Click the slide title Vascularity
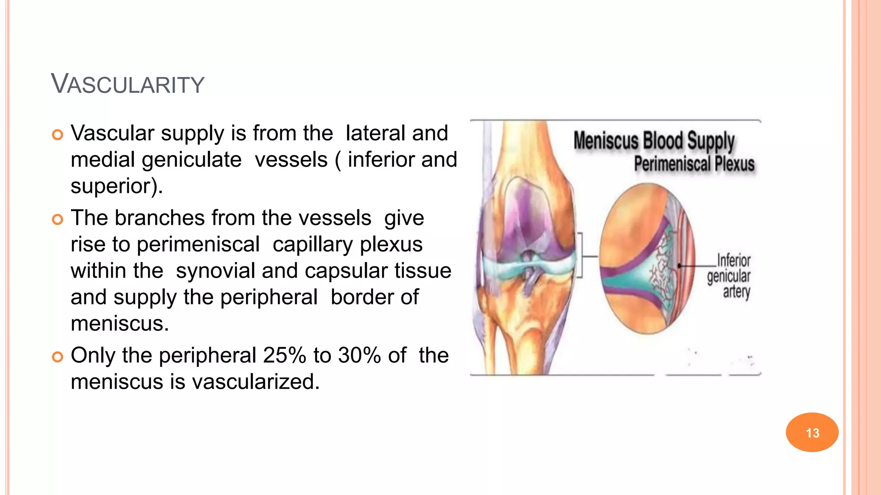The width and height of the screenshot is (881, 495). pyautogui.click(x=127, y=84)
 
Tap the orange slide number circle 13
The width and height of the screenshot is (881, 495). pyautogui.click(x=812, y=432)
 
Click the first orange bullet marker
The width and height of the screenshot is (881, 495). pyautogui.click(x=57, y=135)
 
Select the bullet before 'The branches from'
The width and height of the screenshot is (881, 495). pyautogui.click(x=57, y=220)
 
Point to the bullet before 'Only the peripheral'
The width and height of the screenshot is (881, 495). pyautogui.click(x=57, y=357)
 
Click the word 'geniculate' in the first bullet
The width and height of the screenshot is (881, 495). pyautogui.click(x=191, y=160)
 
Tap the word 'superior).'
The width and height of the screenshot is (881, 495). pyautogui.click(x=117, y=186)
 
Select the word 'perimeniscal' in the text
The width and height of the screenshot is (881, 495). pyautogui.click(x=198, y=244)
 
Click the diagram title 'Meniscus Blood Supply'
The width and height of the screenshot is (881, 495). pyautogui.click(x=654, y=141)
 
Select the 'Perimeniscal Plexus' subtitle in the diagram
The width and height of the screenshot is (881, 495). pyautogui.click(x=694, y=164)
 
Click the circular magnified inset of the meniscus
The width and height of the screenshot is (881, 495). pyautogui.click(x=647, y=259)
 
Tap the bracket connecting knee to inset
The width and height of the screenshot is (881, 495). pyautogui.click(x=581, y=256)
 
